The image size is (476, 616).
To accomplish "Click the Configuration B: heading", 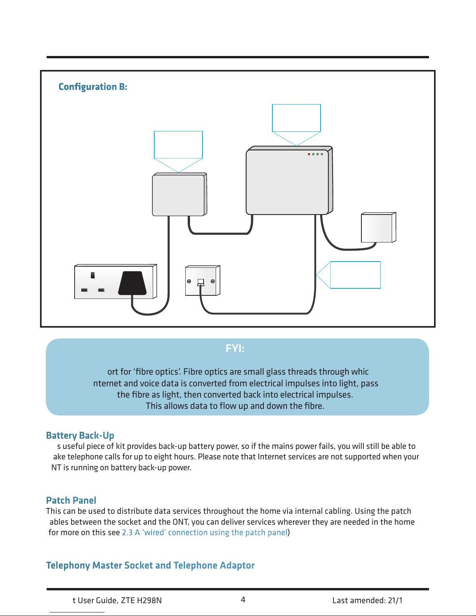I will tap(93, 87).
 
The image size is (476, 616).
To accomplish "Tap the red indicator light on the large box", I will tap(309, 154).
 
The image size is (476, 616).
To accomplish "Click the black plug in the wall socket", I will tap(132, 283).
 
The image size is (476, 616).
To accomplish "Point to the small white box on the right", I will tap(378, 227).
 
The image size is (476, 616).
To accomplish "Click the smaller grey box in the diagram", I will tap(179, 195).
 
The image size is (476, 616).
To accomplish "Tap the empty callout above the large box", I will tap(296, 118).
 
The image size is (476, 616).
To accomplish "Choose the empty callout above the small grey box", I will tap(178, 145).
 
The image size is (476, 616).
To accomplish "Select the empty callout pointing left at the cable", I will tap(355, 275).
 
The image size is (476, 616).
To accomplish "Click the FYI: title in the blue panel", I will tap(235, 349).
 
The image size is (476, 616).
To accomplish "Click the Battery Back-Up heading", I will tap(80, 435).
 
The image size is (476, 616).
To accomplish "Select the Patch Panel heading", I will tap(71, 500).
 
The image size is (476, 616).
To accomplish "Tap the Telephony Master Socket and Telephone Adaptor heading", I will tap(150, 565).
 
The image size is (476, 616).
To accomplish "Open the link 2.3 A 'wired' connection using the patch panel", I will tap(204, 532).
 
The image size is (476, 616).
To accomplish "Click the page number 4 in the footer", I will tap(243, 600).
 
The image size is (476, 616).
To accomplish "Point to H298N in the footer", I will tap(150, 600).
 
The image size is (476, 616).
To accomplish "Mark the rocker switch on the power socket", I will tap(92, 275).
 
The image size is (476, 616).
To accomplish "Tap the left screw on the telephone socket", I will tap(189, 281).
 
